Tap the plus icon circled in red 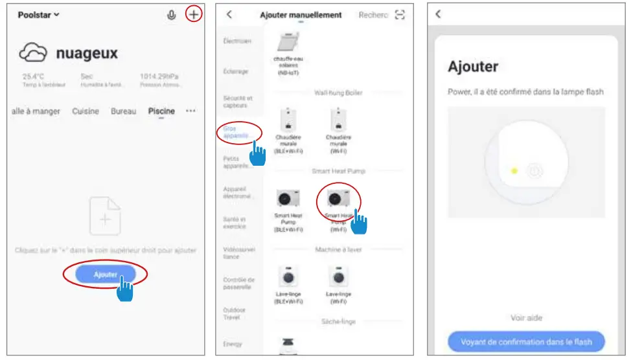(x=194, y=14)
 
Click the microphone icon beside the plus (x=172, y=15)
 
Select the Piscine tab (x=161, y=111)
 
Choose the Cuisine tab (x=86, y=111)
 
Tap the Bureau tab (x=124, y=111)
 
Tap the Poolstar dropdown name (x=38, y=15)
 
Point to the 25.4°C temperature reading (x=34, y=76)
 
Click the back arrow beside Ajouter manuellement (x=229, y=15)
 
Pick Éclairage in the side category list (x=235, y=72)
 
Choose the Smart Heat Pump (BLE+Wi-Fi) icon (x=288, y=198)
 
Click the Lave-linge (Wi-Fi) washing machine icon (x=338, y=276)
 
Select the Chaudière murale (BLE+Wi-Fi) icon (x=288, y=120)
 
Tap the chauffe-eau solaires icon (x=288, y=43)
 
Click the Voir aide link (x=526, y=318)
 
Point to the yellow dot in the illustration (x=514, y=171)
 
